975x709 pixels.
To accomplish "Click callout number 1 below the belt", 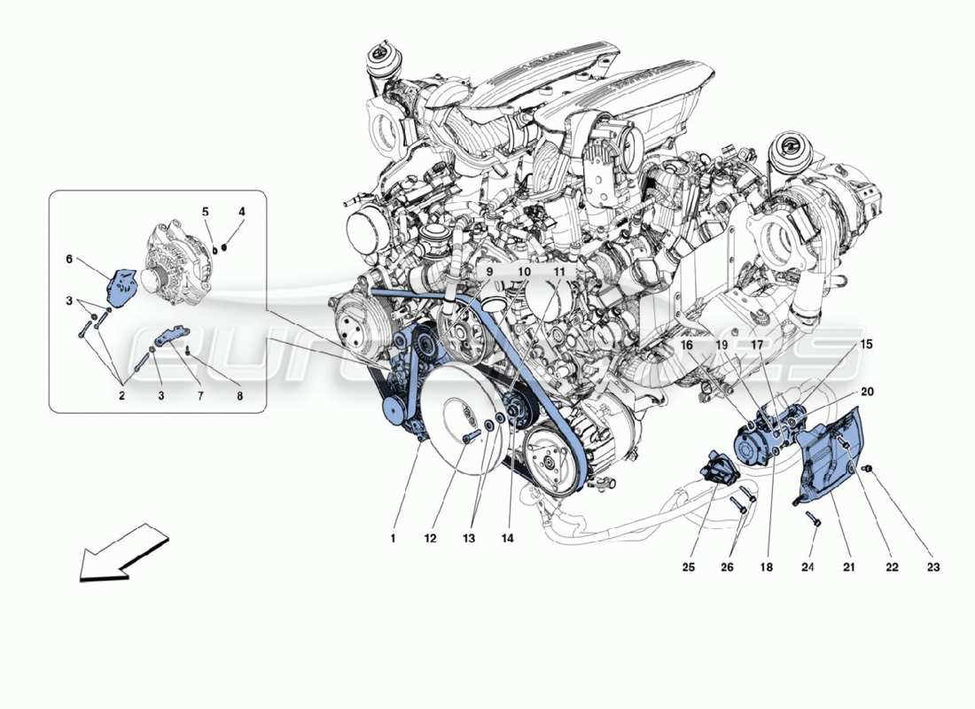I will (x=392, y=537).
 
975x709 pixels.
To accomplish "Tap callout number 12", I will (x=431, y=537).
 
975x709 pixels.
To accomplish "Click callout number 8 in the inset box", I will (x=239, y=397).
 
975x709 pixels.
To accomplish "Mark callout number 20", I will (x=866, y=391).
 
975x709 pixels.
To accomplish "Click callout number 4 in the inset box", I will (x=241, y=213).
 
